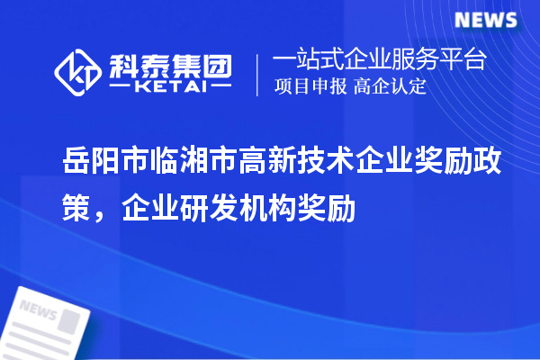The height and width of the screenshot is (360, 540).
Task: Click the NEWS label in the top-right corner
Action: click(485, 20)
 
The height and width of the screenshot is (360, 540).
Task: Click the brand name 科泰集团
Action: click(170, 64)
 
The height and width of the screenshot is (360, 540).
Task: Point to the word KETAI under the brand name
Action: click(171, 88)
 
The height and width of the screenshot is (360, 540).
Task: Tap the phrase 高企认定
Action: click(390, 87)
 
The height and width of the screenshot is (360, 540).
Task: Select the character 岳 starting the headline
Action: click(77, 162)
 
